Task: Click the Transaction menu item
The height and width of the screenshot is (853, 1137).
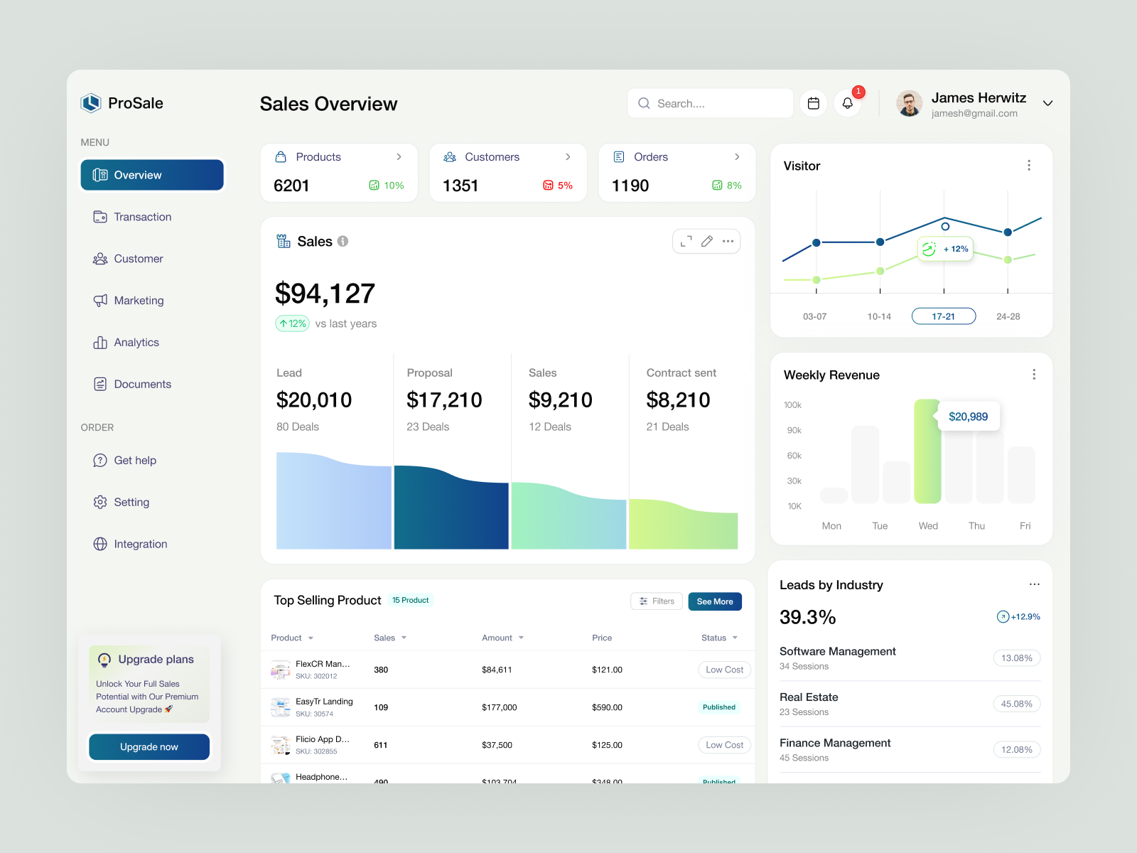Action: (x=142, y=217)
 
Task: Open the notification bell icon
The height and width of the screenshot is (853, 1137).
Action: (x=847, y=104)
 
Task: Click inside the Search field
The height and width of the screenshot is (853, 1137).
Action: (x=711, y=104)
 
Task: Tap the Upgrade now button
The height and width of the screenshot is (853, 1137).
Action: (x=149, y=747)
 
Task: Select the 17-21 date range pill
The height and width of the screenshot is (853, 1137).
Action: (x=943, y=316)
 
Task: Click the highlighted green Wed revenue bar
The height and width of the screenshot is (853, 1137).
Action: (x=927, y=455)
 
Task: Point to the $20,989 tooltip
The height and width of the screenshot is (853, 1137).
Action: (x=968, y=417)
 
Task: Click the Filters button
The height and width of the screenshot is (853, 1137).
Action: (x=657, y=601)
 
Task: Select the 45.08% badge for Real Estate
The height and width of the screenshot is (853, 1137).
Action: (x=1016, y=704)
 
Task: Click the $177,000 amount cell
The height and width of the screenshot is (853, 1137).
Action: (x=499, y=707)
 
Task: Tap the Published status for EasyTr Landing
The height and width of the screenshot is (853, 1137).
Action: (x=718, y=707)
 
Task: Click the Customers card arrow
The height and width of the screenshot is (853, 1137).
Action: (x=568, y=157)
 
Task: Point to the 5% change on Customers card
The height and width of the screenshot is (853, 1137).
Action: (x=559, y=186)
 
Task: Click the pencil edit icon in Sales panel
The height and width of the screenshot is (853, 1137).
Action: (x=706, y=242)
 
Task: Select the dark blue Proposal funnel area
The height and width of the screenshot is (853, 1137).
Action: (x=451, y=512)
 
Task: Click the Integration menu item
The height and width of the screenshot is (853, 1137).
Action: (x=140, y=544)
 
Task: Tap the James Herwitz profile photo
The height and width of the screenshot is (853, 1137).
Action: (x=909, y=104)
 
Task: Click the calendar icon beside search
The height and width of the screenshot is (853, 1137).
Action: (x=814, y=104)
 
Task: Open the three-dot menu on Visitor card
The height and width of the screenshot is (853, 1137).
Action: (x=1028, y=166)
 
